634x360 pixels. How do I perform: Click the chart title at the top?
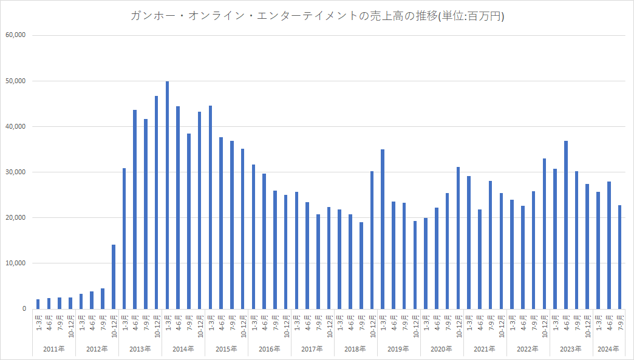[317, 16]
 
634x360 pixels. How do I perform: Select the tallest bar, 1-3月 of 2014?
[167, 195]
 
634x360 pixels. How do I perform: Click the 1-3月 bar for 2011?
[38, 304]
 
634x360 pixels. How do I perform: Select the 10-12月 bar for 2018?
[372, 240]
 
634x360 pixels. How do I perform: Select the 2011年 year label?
[54, 349]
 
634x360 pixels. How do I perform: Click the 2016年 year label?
[269, 349]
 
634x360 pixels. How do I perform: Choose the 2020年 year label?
[441, 349]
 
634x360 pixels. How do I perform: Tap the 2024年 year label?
[608, 349]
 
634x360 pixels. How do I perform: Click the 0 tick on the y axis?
[24, 308]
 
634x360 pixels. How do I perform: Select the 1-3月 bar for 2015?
[210, 207]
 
